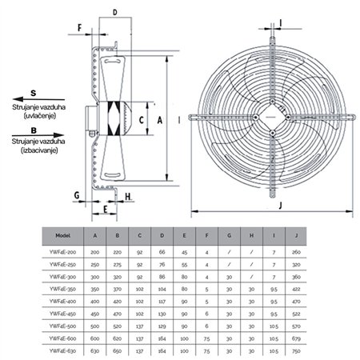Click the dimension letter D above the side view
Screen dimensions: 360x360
click(x=115, y=13)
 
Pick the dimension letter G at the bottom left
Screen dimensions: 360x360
click(x=75, y=195)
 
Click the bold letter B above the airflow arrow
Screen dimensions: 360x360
click(x=33, y=128)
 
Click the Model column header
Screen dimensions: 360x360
click(x=66, y=236)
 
